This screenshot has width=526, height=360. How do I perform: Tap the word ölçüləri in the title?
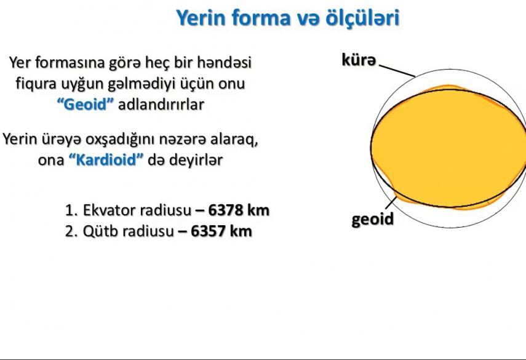click(x=362, y=18)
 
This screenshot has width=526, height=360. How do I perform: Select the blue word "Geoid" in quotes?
click(x=86, y=105)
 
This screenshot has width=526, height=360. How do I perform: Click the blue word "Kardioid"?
click(x=106, y=159)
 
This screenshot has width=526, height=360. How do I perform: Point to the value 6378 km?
click(x=239, y=210)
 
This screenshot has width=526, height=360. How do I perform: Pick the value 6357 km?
click(x=221, y=231)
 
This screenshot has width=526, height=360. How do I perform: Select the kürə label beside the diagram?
click(x=359, y=60)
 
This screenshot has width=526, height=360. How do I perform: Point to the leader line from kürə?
click(x=397, y=71)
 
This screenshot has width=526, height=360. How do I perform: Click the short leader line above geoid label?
click(x=391, y=204)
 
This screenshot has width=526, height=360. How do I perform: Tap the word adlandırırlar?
click(x=161, y=105)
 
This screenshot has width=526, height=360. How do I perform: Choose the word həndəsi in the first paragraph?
click(x=224, y=62)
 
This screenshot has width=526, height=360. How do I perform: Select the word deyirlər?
click(x=196, y=160)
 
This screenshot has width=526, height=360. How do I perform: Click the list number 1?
click(x=71, y=210)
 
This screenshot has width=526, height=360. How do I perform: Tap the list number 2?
click(x=71, y=231)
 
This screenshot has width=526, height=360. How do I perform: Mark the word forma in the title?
click(x=261, y=18)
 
